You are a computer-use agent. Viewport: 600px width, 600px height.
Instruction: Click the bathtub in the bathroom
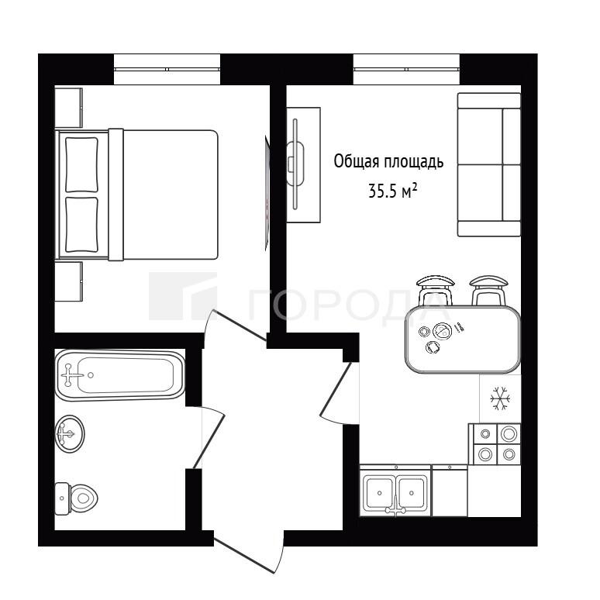[120, 375]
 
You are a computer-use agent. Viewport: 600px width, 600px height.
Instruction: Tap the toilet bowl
[76, 498]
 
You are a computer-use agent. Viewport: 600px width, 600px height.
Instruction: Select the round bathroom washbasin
[69, 434]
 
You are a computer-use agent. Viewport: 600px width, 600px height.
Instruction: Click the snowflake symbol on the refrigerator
[500, 398]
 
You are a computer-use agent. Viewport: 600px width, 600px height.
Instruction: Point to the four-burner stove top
[495, 444]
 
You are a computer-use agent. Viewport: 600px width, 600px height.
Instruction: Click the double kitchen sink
[395, 491]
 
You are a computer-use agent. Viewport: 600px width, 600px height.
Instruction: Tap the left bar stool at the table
[436, 291]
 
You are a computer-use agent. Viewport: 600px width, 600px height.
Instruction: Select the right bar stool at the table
[488, 291]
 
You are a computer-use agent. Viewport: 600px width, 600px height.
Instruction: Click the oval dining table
[463, 340]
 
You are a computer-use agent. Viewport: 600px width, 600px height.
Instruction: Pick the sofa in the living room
[489, 164]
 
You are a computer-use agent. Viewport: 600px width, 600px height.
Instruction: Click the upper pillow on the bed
[81, 164]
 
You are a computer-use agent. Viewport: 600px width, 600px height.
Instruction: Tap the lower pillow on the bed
[81, 225]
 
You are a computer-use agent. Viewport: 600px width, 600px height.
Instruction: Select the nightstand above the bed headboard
[68, 108]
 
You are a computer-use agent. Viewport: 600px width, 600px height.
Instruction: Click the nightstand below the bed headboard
[68, 281]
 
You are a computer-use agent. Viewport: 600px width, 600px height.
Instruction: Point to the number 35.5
[382, 191]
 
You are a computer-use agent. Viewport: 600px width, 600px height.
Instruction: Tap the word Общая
[357, 161]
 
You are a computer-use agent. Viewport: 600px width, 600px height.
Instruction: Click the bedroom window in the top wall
[167, 69]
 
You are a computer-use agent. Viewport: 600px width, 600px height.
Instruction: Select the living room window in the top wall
[406, 69]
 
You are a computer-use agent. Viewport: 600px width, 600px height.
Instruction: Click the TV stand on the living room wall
[304, 165]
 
